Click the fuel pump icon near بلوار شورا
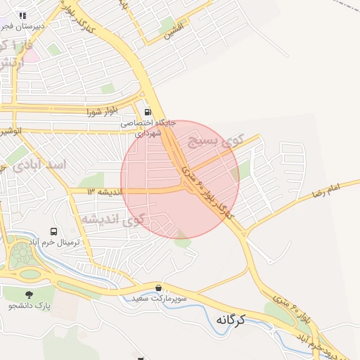pos(147,112)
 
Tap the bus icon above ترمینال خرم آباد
pos(53,231)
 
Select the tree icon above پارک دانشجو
pos(29,295)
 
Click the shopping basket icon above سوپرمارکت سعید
pos(158,288)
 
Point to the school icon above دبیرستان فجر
pos(22,15)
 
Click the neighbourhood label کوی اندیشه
pos(112,219)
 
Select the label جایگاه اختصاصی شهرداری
pos(148,127)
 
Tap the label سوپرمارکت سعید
pos(159,299)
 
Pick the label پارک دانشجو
pos(30,306)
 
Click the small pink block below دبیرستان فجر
pos(53,49)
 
